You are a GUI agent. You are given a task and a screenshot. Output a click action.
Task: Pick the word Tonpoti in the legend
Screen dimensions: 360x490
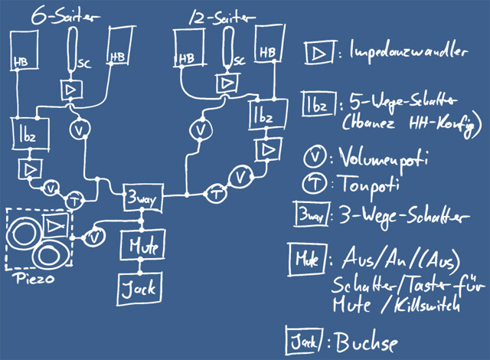(x=361, y=185)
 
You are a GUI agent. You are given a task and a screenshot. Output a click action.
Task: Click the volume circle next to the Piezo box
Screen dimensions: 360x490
(x=93, y=238)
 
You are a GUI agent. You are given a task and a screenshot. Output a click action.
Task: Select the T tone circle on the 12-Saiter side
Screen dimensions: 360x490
(x=218, y=194)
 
